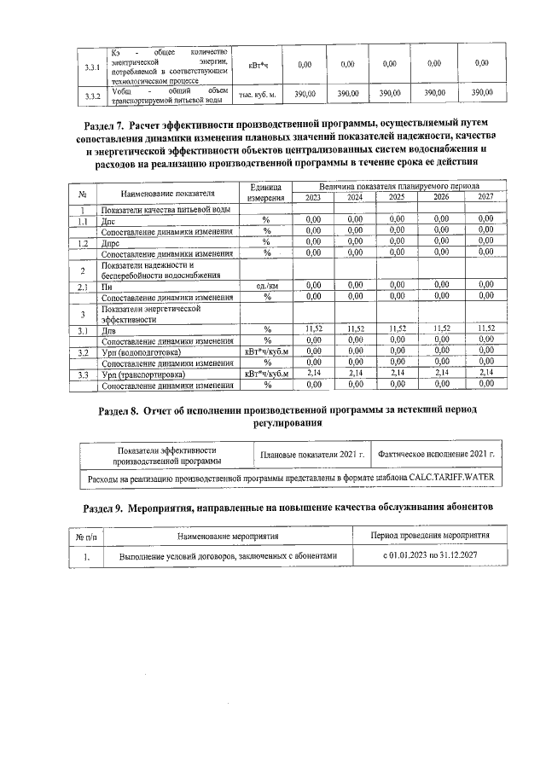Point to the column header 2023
[313, 197]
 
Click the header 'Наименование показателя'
[167, 192]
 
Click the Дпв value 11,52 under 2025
[397, 328]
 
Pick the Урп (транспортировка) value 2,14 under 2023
[313, 373]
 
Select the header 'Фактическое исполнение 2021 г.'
[437, 455]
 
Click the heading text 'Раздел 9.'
[112, 509]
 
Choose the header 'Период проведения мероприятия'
[430, 537]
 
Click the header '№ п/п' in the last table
[87, 537]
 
